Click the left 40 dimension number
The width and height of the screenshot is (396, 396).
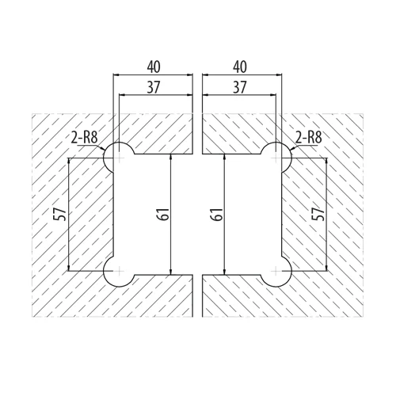click(x=154, y=67)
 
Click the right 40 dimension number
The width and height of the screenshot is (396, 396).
click(x=240, y=67)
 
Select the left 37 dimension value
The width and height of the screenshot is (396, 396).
click(x=154, y=87)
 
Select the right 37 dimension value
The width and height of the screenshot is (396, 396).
click(x=240, y=87)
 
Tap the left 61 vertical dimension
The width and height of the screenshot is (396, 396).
click(x=164, y=214)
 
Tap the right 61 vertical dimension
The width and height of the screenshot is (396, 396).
click(x=217, y=214)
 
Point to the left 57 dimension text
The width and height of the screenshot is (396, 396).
click(x=59, y=214)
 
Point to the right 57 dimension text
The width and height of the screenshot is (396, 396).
click(x=318, y=214)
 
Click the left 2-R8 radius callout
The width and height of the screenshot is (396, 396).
click(x=85, y=138)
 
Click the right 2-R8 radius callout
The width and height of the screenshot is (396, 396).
click(x=309, y=138)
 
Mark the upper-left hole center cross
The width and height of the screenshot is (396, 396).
click(x=120, y=158)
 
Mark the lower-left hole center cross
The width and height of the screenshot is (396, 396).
click(x=120, y=271)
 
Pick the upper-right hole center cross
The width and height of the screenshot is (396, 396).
click(x=276, y=158)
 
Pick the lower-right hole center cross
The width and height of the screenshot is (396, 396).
click(x=276, y=271)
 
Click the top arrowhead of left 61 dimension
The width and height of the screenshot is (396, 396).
click(x=171, y=157)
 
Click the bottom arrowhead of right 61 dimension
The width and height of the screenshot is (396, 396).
click(x=224, y=272)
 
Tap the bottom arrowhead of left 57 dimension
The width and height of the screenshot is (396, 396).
click(x=68, y=268)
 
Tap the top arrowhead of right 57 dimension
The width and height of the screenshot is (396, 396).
click(x=327, y=162)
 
